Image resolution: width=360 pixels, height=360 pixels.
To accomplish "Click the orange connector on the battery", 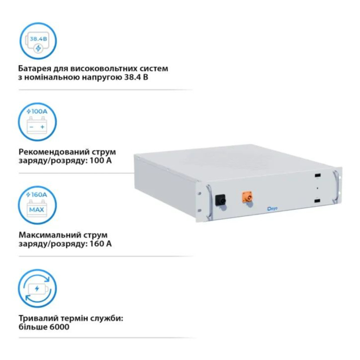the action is tap(247, 197).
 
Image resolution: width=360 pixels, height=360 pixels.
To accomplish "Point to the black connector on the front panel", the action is tap(220, 200).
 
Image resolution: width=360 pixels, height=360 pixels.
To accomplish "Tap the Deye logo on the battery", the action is tap(272, 209).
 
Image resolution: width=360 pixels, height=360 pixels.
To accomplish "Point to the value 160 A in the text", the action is tap(100, 243).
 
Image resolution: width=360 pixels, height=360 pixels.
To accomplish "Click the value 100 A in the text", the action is tap(100, 160).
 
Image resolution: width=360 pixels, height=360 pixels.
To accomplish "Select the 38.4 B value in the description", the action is tap(136, 77).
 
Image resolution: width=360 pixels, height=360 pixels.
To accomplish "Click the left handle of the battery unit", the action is tap(209, 202).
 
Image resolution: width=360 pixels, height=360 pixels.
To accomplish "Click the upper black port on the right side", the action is tap(318, 176).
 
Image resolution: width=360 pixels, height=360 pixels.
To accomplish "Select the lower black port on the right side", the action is tap(318, 201).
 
